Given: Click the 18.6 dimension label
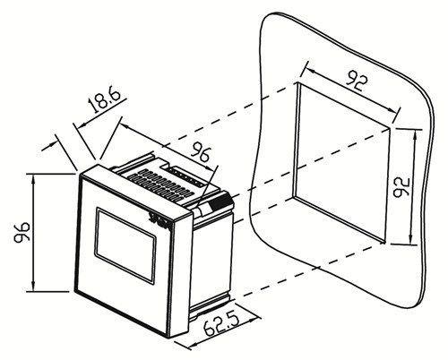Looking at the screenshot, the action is (x=105, y=100).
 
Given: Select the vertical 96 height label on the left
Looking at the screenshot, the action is (x=22, y=232).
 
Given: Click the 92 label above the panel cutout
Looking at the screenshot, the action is (x=356, y=81).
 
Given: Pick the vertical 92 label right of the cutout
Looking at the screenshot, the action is (x=401, y=187).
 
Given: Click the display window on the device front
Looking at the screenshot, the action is (x=125, y=245).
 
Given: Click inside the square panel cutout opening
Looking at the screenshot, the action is (x=341, y=161).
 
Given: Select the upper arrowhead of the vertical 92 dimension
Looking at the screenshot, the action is (x=416, y=136).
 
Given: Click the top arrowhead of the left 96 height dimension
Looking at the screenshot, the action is (x=33, y=179).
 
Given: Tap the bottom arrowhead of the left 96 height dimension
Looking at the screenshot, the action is (x=33, y=286).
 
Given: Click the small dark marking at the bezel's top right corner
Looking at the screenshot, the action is (x=159, y=221).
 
